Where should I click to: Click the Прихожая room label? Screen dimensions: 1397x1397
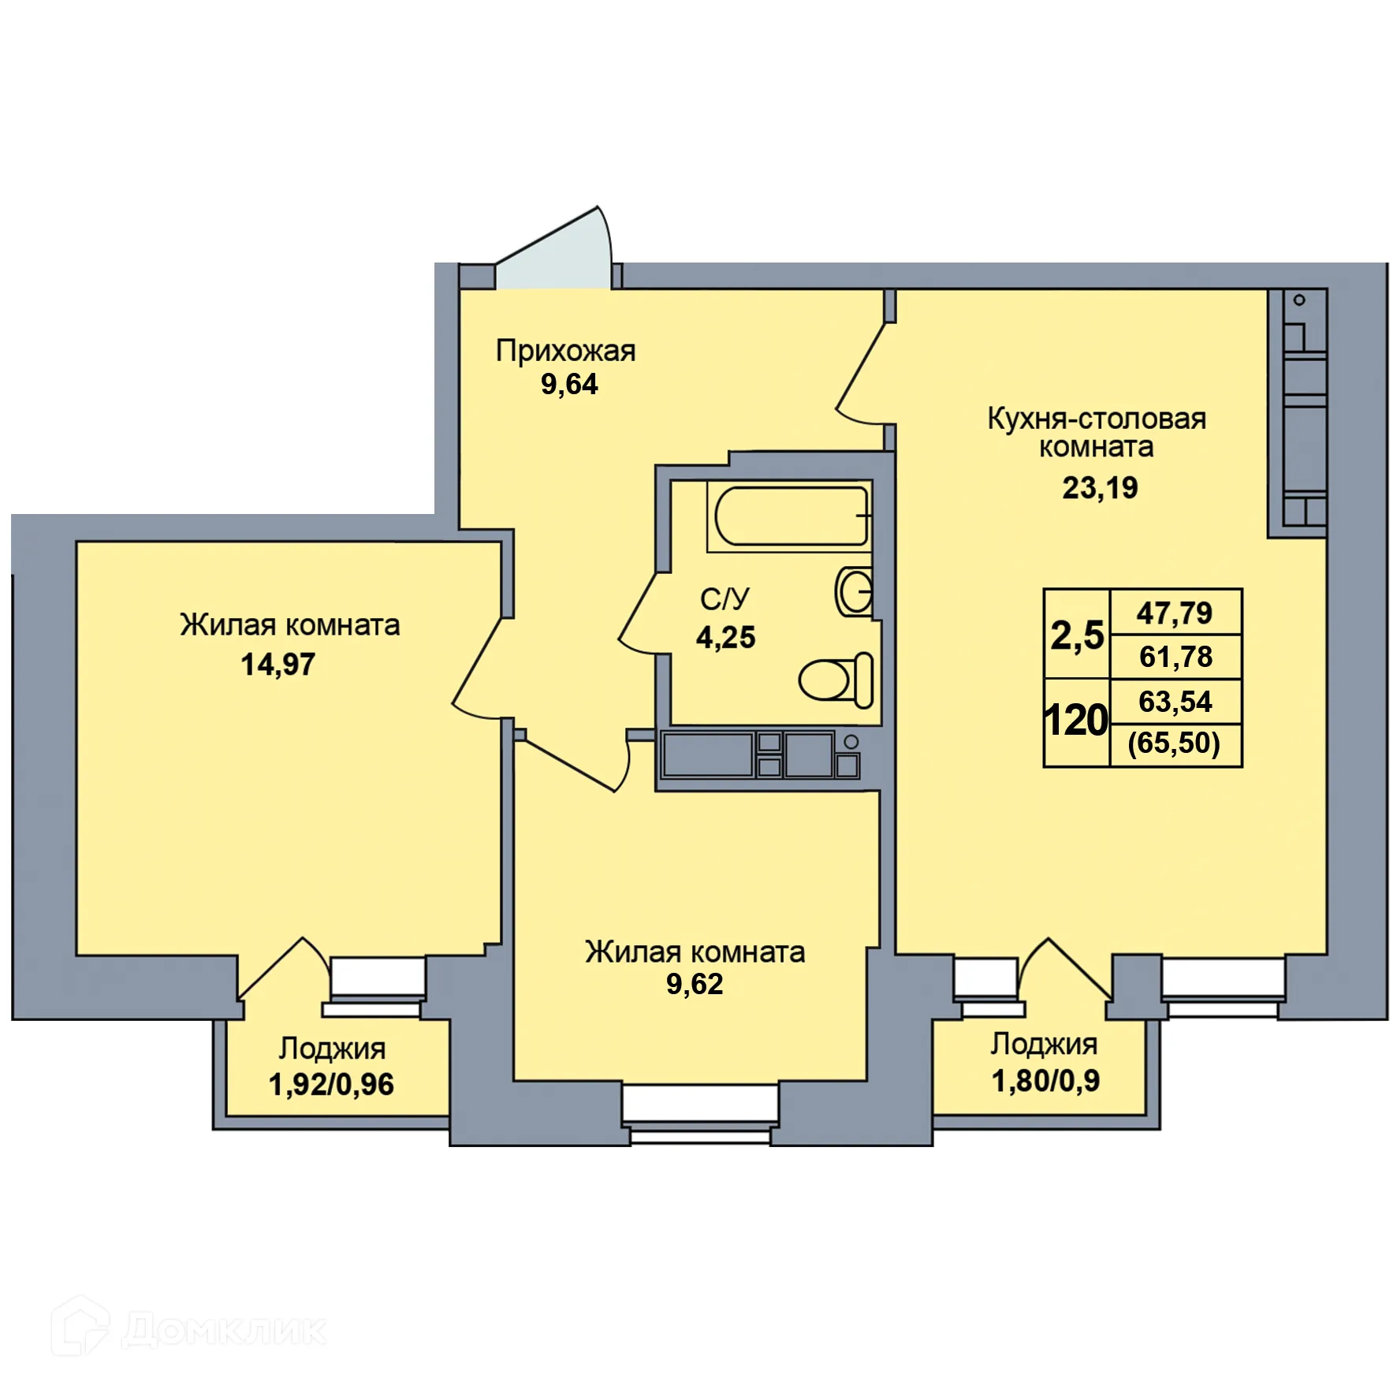point(565,352)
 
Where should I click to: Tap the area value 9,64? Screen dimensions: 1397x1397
point(569,385)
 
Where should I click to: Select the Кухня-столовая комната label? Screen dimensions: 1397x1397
point(1097,432)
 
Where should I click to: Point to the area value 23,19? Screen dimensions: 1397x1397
point(1100,488)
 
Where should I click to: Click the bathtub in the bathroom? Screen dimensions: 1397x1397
point(791,516)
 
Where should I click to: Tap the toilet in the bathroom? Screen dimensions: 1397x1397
point(836,680)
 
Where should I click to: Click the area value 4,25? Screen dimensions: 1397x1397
point(725,637)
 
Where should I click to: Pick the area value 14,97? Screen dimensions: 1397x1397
point(278,665)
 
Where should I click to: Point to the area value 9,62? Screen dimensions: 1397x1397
point(695,984)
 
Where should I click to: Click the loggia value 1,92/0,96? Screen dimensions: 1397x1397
point(331,1085)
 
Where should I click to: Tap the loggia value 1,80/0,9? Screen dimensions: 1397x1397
point(1045,1081)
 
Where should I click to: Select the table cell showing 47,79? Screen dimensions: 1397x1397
point(1175,613)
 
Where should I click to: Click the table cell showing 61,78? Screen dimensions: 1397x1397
point(1175,657)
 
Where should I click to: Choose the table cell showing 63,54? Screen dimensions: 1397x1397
point(1175,702)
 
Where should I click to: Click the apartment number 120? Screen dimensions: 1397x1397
point(1076,721)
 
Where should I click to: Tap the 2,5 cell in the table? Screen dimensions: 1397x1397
point(1077,634)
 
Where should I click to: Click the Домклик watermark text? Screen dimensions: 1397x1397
point(224,1330)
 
